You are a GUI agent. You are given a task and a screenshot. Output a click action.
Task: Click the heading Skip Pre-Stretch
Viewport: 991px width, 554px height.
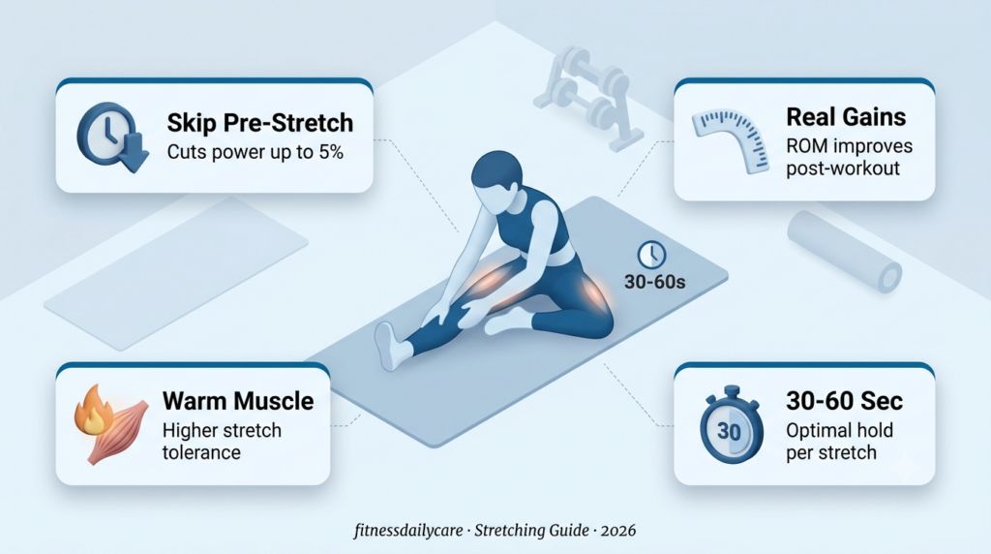[259, 123]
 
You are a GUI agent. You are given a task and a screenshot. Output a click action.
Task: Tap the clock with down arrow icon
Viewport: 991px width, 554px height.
[112, 138]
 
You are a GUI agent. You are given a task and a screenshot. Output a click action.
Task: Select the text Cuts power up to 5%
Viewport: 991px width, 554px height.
[255, 152]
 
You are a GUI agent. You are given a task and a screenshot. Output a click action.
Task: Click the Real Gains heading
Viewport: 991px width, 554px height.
[846, 117]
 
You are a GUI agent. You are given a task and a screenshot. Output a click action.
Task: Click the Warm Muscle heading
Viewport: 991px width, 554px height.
[238, 401]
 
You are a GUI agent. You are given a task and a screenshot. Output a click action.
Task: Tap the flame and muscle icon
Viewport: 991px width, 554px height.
[111, 423]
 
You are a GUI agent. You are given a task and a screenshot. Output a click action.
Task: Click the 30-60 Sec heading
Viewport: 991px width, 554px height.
[844, 400]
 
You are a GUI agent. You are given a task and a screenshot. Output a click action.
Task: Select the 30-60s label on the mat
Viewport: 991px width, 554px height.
[655, 282]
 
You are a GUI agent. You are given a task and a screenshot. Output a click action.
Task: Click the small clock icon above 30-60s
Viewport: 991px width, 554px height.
[651, 255]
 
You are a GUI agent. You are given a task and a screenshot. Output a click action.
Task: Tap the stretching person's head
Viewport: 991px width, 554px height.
[497, 181]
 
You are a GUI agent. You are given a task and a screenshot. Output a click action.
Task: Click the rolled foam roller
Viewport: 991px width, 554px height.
[844, 251]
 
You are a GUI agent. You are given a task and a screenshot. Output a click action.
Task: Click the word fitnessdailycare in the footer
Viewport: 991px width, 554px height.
[408, 530]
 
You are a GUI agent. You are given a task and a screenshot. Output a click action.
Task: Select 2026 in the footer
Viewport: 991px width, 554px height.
[618, 530]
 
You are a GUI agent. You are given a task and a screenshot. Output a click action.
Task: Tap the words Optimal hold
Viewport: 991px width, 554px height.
[839, 430]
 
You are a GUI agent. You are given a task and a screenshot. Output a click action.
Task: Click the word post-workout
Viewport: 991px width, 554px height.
[843, 169]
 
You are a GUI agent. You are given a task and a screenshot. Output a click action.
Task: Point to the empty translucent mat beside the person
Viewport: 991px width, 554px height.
[176, 272]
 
